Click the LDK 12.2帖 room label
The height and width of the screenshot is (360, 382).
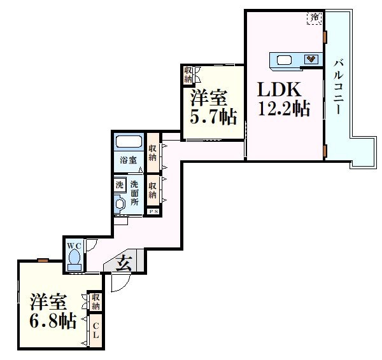click(283, 99)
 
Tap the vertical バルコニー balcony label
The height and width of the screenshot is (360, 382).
click(338, 87)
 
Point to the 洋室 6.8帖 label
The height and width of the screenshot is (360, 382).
click(52, 310)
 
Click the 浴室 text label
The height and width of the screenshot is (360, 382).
click(129, 160)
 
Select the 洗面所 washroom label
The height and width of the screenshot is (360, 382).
click(135, 193)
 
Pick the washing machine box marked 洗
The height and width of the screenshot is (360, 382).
click(120, 185)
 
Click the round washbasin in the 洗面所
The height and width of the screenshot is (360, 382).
click(120, 204)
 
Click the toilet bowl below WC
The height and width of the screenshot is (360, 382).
click(74, 260)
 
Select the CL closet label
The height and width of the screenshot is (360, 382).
click(95, 331)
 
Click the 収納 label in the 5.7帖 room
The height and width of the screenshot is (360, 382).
click(188, 75)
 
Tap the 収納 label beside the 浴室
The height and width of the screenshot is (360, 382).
click(153, 153)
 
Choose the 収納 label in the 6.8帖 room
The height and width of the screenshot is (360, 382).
click(95, 301)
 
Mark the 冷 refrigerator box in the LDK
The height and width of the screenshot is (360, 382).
click(315, 18)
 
